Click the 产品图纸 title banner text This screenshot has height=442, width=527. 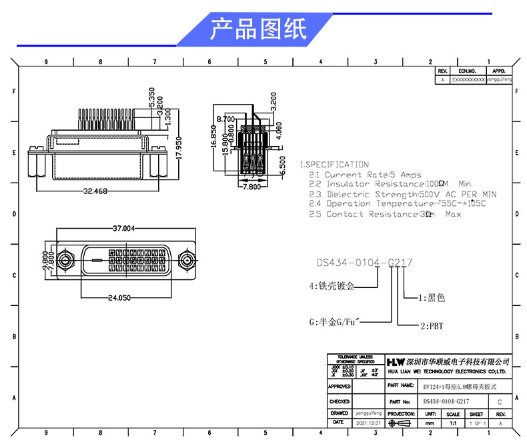258,29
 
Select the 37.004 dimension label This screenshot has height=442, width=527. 125,228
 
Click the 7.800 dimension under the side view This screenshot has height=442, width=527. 250,187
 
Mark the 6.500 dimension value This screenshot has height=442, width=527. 284,167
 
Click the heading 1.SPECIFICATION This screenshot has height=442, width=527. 334,164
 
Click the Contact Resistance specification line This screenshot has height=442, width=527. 384,214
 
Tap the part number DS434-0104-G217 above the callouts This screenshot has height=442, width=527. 364,263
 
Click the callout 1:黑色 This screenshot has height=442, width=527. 431,297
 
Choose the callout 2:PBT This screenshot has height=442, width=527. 432,326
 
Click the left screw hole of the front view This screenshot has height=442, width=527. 65,261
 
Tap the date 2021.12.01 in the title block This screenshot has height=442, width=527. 368,423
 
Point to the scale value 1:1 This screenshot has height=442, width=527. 453,423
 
